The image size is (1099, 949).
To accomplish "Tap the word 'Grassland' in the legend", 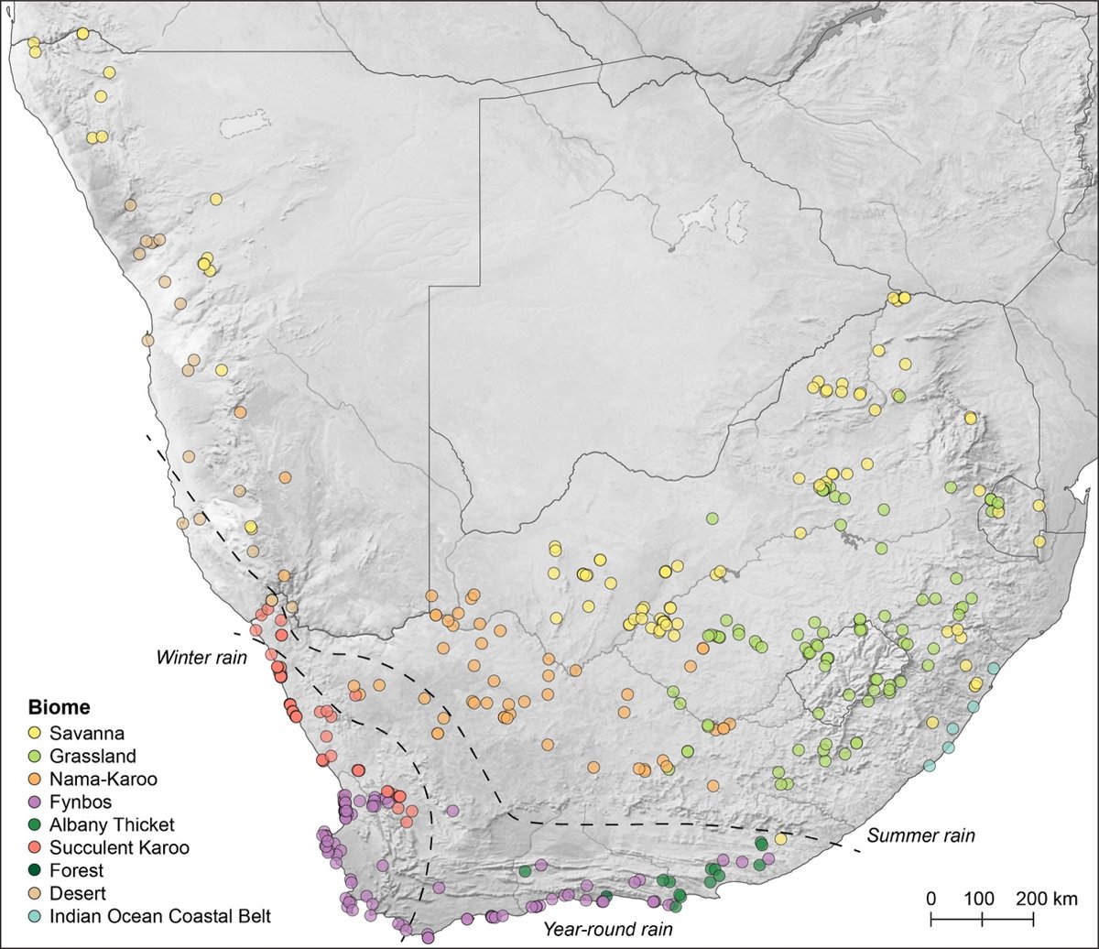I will [x=93, y=756].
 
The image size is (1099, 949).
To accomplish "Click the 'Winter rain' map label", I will [x=201, y=657].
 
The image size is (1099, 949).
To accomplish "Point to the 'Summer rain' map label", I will [x=921, y=835].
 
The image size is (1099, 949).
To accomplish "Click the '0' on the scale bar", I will [x=930, y=897].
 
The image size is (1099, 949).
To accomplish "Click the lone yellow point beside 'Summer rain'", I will [x=780, y=838].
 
